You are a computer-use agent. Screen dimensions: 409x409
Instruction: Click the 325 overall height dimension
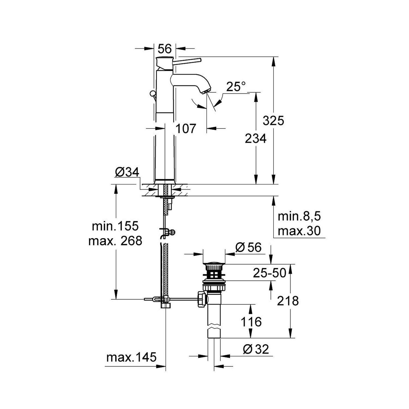(x=273, y=121)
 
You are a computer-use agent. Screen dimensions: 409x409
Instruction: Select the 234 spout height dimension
(x=255, y=139)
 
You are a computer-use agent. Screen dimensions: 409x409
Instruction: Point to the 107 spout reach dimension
(x=186, y=128)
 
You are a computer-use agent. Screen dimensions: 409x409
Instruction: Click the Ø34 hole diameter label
(x=127, y=172)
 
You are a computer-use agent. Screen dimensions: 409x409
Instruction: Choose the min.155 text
(x=115, y=226)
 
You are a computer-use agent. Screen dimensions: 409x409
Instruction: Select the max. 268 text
(x=115, y=241)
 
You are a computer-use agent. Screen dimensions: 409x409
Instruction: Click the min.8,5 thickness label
(x=299, y=216)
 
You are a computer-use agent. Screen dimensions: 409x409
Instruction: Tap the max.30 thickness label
(x=299, y=231)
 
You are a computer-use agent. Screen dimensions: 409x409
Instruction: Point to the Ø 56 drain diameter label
(x=248, y=247)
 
